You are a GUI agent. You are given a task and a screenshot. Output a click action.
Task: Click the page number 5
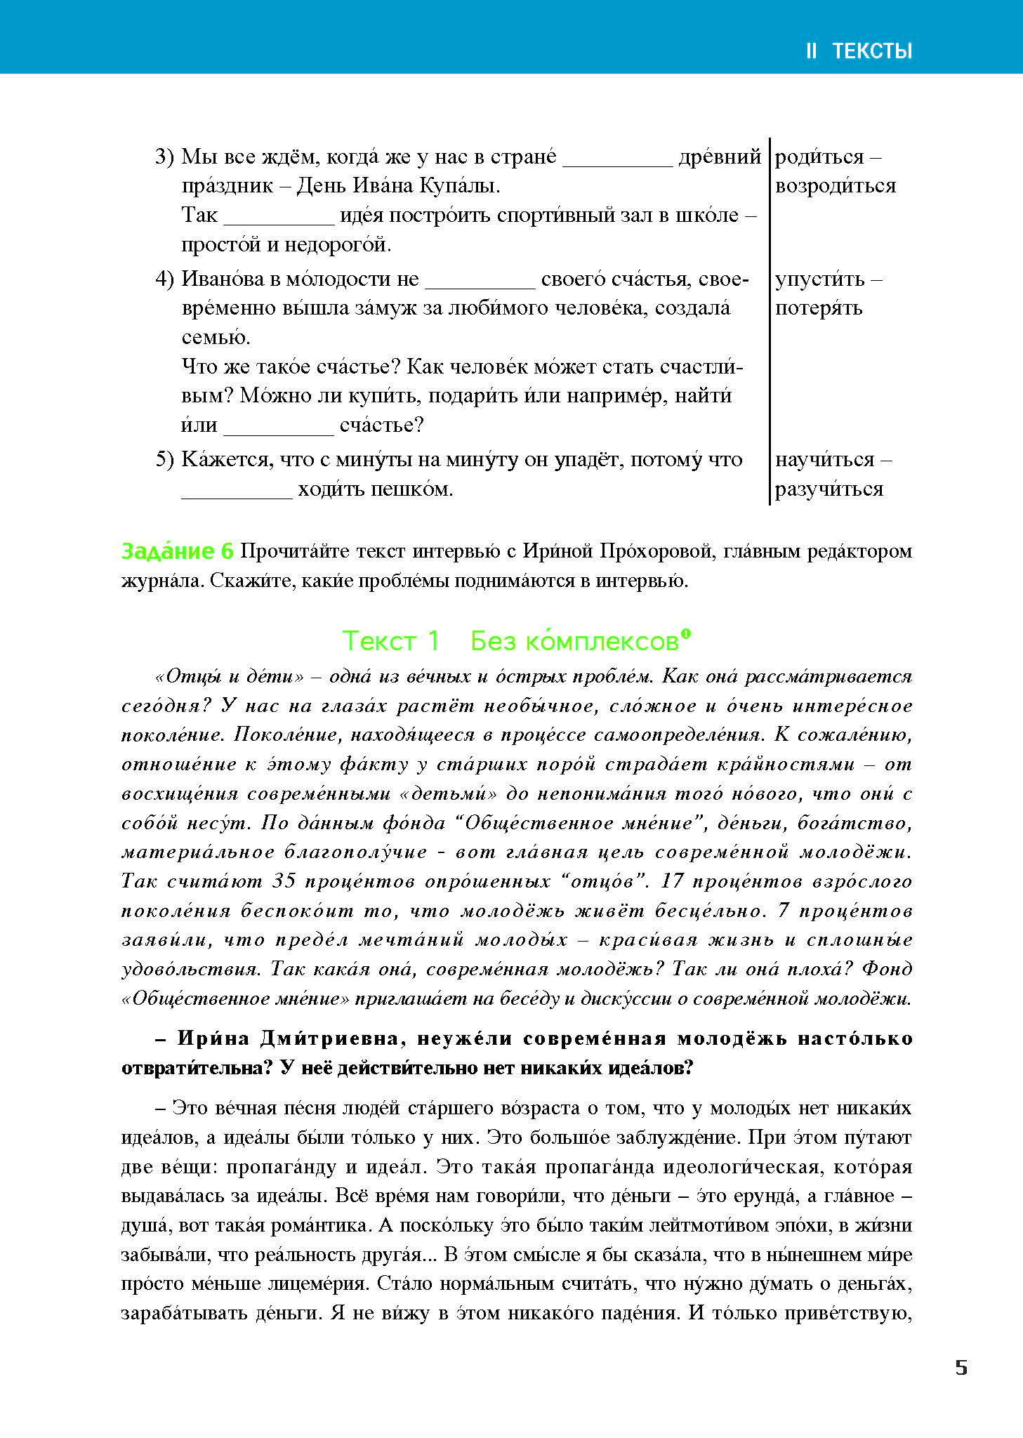(x=961, y=1368)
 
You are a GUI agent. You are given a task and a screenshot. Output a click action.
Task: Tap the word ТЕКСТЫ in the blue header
(x=872, y=51)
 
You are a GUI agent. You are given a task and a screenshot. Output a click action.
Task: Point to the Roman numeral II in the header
(x=811, y=51)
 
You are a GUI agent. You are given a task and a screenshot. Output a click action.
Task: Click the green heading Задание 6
(x=177, y=552)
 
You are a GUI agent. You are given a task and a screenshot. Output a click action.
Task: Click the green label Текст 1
(x=390, y=641)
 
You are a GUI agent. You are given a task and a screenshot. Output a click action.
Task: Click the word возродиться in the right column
(x=836, y=186)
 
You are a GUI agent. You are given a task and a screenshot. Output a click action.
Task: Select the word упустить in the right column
(x=819, y=279)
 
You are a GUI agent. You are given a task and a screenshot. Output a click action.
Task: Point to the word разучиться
(x=829, y=489)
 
